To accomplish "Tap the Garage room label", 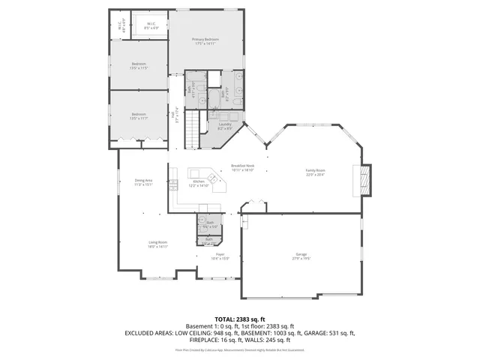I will pos(301,256).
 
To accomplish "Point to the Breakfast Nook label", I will pos(242,167).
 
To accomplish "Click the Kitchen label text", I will pos(199,182).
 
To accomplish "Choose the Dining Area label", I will pos(143,181).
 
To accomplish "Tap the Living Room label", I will pos(157,243).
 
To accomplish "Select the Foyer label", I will pos(221,256).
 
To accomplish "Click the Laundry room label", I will pos(225,125).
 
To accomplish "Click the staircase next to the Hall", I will pos(195,127).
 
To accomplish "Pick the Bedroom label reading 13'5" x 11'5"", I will pos(139,65).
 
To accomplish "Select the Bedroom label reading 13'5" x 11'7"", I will pos(139,116).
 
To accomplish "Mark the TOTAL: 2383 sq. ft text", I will pos(239,319).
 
